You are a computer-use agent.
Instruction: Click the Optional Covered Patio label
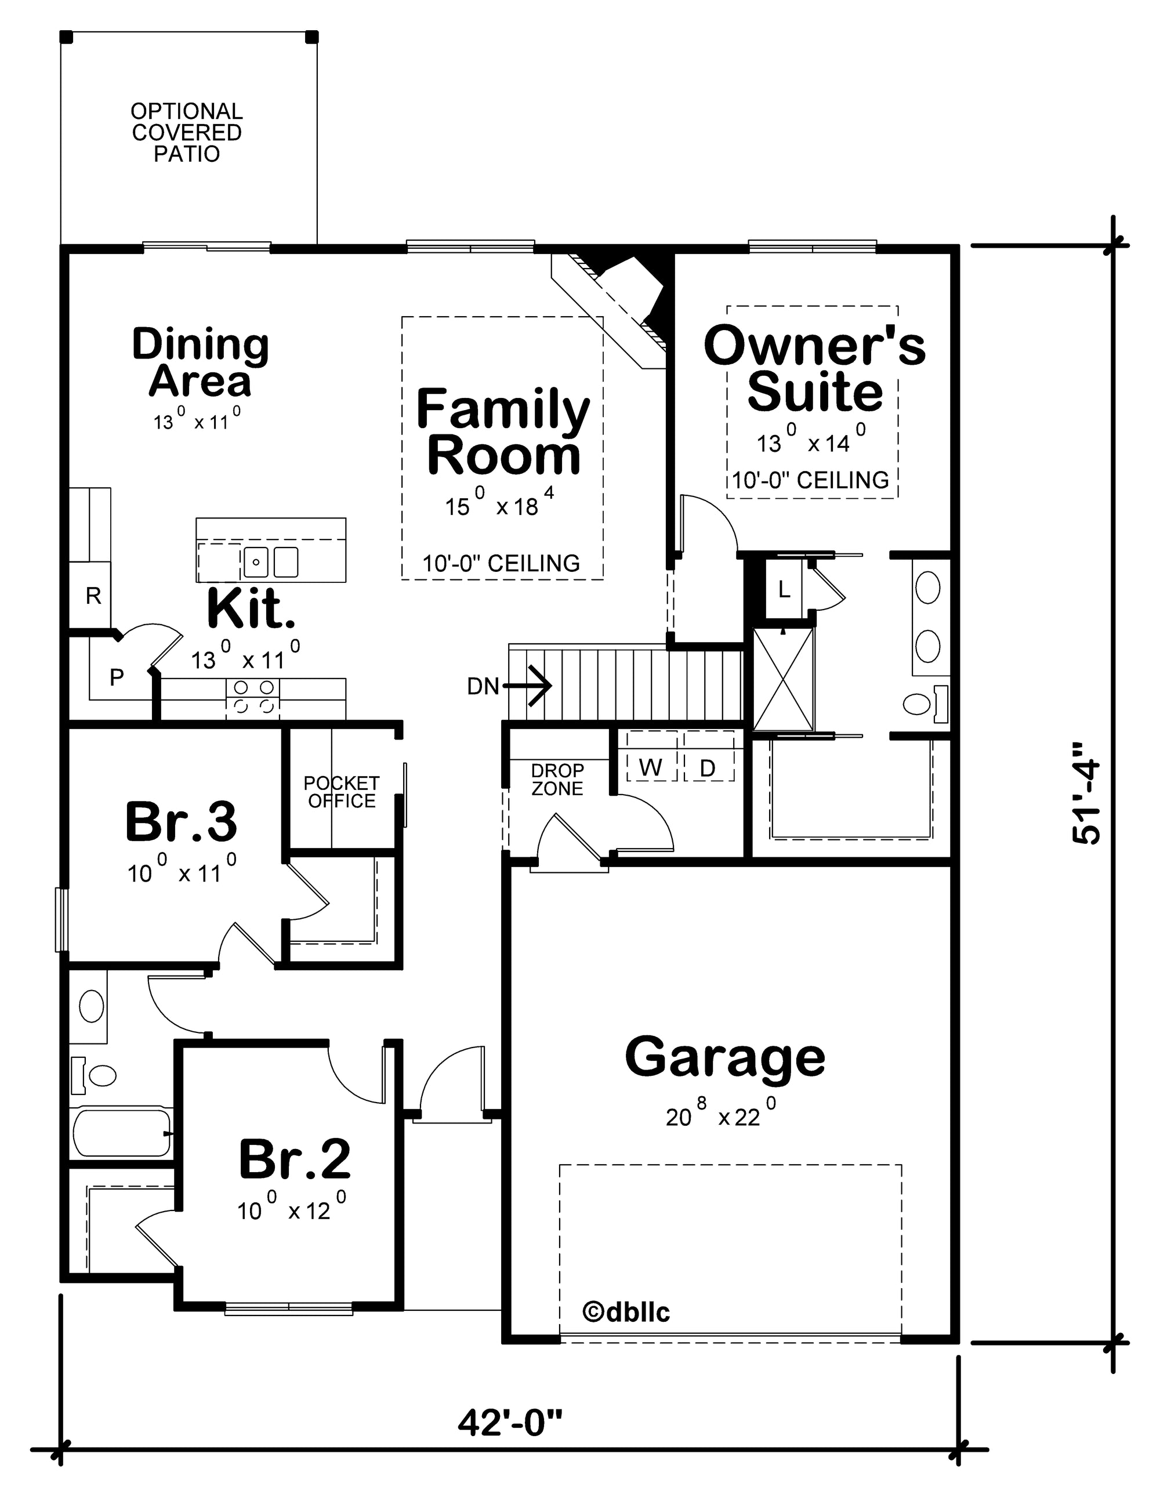click(x=187, y=132)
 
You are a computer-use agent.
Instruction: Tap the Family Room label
click(x=503, y=432)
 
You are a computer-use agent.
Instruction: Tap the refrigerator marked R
click(x=93, y=595)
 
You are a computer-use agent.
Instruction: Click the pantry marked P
click(x=117, y=677)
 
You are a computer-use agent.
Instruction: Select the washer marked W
click(x=651, y=768)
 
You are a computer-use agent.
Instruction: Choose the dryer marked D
click(x=708, y=768)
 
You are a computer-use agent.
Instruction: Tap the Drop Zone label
click(x=557, y=780)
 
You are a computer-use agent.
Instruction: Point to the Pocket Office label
click(x=342, y=792)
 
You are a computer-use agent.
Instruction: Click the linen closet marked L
click(x=784, y=588)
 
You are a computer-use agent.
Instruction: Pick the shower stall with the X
click(x=784, y=679)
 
